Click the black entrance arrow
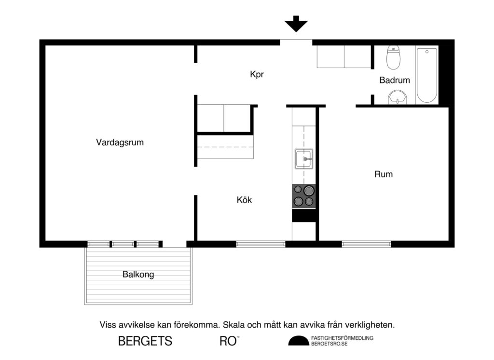[296, 23]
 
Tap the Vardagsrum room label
[120, 142]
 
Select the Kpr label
[257, 75]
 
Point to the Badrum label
[394, 80]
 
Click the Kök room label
[244, 200]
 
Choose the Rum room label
[384, 174]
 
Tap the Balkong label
[138, 275]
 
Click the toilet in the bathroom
[394, 57]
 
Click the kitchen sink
[304, 158]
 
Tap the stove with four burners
[304, 196]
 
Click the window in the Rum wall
[366, 244]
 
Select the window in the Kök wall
[261, 244]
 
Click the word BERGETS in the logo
[145, 341]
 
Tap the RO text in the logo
[227, 341]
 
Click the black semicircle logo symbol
[299, 341]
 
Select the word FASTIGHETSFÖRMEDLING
[343, 338]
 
